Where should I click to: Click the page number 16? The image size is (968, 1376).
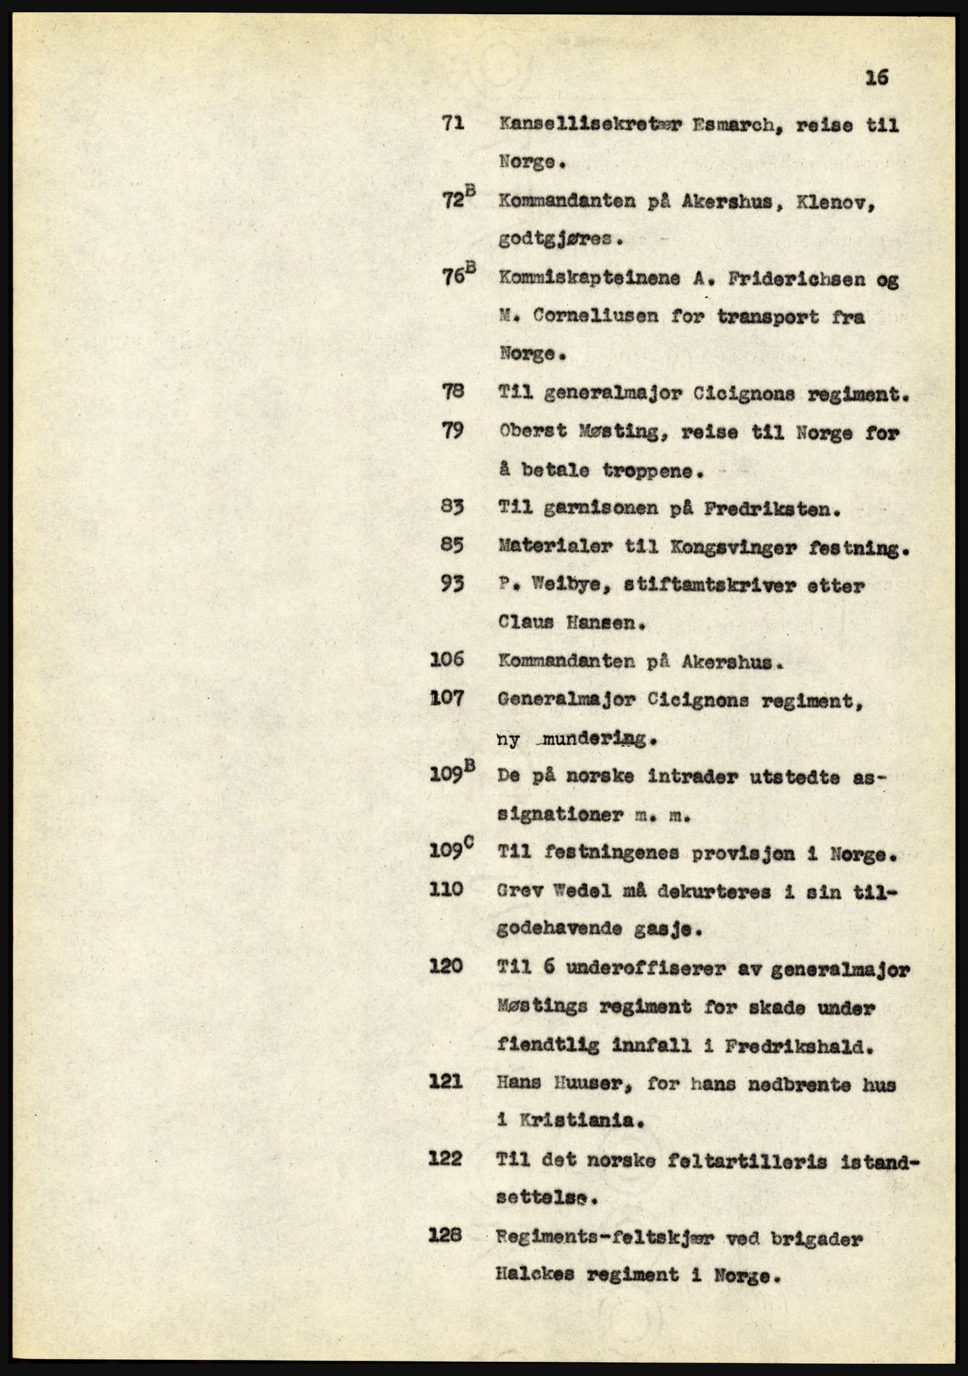pyautogui.click(x=877, y=79)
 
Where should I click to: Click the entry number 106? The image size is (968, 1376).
pyautogui.click(x=447, y=660)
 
